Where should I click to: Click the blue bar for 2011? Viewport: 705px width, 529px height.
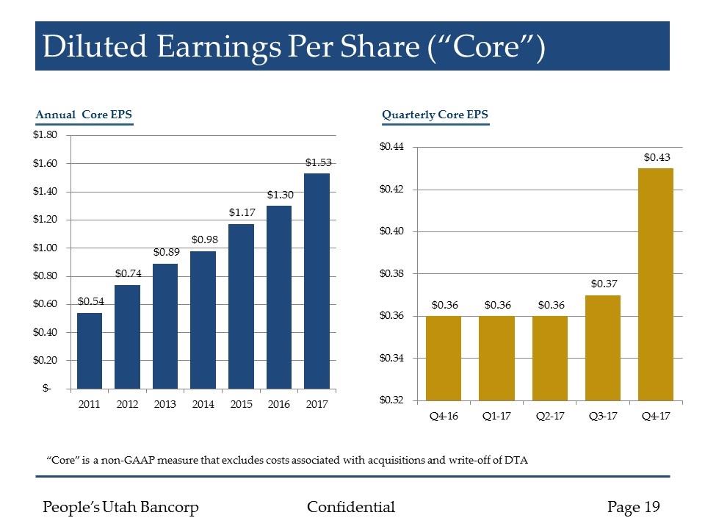tap(90, 350)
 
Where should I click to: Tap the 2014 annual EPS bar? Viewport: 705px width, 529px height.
tap(203, 320)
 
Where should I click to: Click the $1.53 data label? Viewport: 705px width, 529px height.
tap(317, 162)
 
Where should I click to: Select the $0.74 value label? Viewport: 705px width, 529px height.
tap(128, 273)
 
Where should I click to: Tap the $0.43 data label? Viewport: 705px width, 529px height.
tap(657, 157)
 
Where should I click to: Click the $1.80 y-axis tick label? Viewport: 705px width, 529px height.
tap(48, 135)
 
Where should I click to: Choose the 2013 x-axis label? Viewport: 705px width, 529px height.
tap(165, 405)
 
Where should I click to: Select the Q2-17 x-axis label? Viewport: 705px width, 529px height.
tap(550, 417)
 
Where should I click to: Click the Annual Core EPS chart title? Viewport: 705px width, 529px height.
tap(84, 115)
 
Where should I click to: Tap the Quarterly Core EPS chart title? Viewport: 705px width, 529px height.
tap(435, 115)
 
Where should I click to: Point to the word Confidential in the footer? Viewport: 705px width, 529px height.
tap(351, 507)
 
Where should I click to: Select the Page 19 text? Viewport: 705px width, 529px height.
tap(634, 507)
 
